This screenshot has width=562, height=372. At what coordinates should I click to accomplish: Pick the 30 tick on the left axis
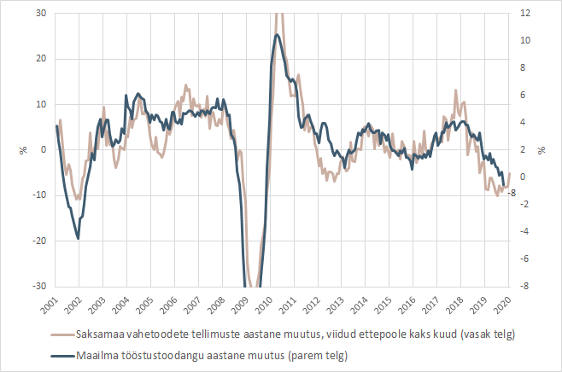click(40, 13)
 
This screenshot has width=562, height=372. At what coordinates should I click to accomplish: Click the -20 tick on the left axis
click(38, 241)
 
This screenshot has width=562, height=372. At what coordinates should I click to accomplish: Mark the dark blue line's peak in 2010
click(277, 34)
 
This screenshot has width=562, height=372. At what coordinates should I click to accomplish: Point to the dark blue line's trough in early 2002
click(79, 238)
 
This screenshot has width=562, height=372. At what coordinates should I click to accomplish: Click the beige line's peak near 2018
click(456, 90)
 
